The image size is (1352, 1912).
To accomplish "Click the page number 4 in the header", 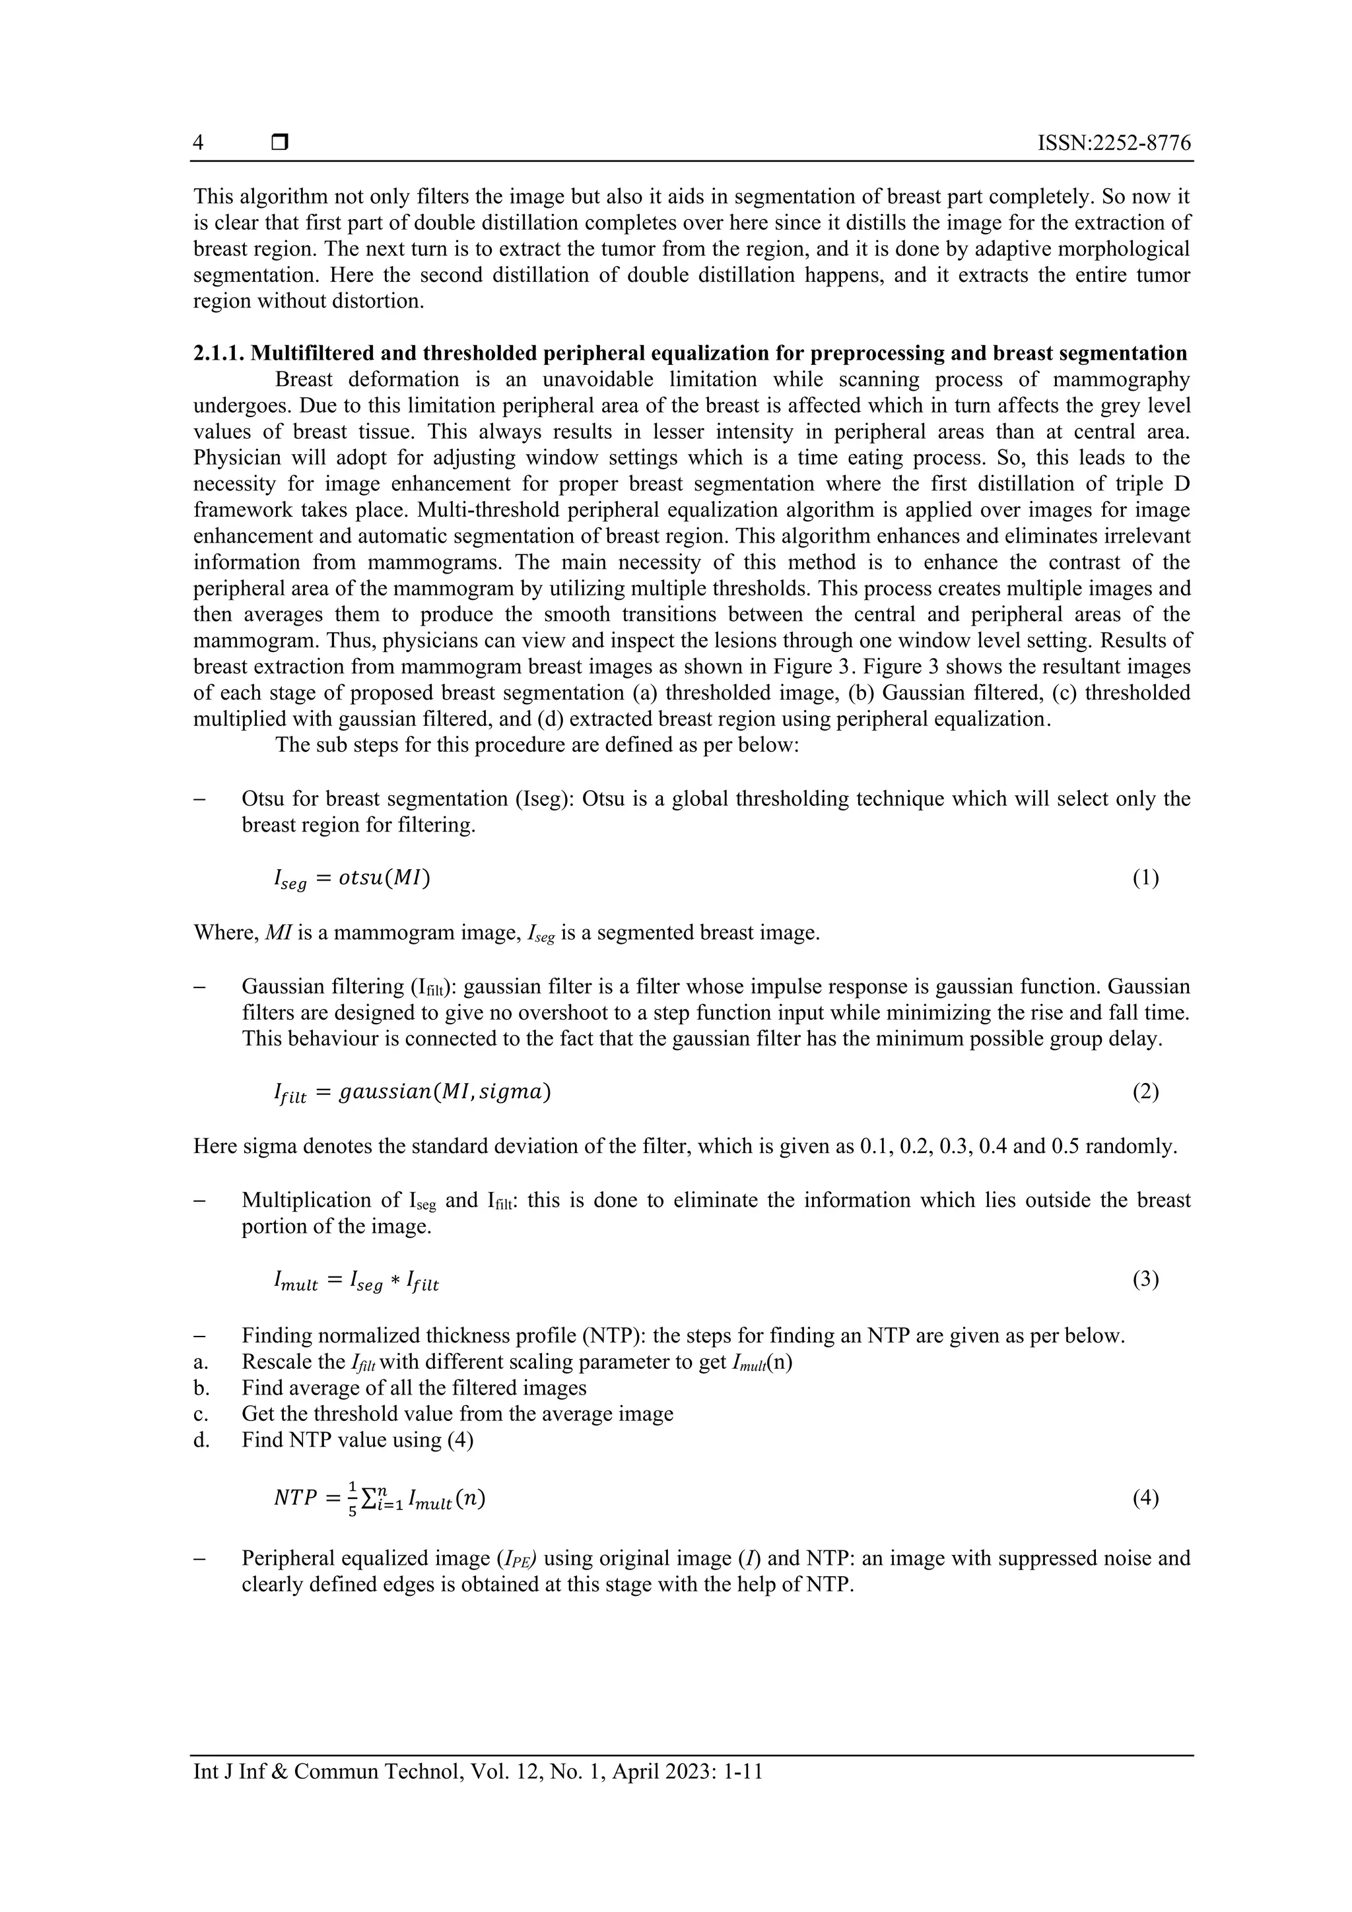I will (x=198, y=143).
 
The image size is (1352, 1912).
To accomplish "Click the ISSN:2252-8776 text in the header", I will (x=1114, y=143).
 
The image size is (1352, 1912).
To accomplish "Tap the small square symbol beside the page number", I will (x=280, y=143).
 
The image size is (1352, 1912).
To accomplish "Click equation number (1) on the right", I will (x=1145, y=878).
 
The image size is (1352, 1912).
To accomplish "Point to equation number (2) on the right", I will (x=1145, y=1091).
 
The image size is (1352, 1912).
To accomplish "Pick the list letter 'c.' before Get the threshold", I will (x=201, y=1413).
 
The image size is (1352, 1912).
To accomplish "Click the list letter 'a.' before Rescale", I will (x=201, y=1362).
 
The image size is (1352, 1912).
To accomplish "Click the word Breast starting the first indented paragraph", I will (x=304, y=379).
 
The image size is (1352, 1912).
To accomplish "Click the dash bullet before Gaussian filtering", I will (x=199, y=987).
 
